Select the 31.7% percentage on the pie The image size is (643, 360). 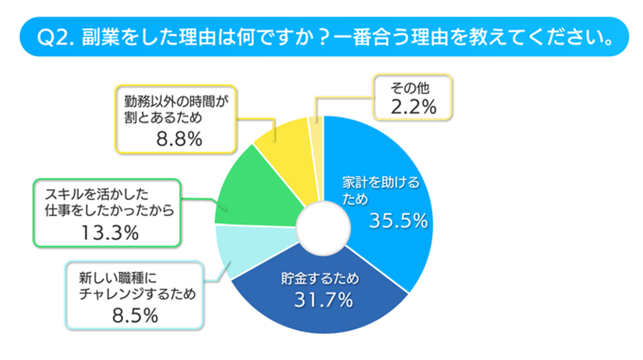pyautogui.click(x=325, y=299)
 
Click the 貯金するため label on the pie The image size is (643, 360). pyautogui.click(x=320, y=279)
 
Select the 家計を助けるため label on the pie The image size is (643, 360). pyautogui.click(x=380, y=191)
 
